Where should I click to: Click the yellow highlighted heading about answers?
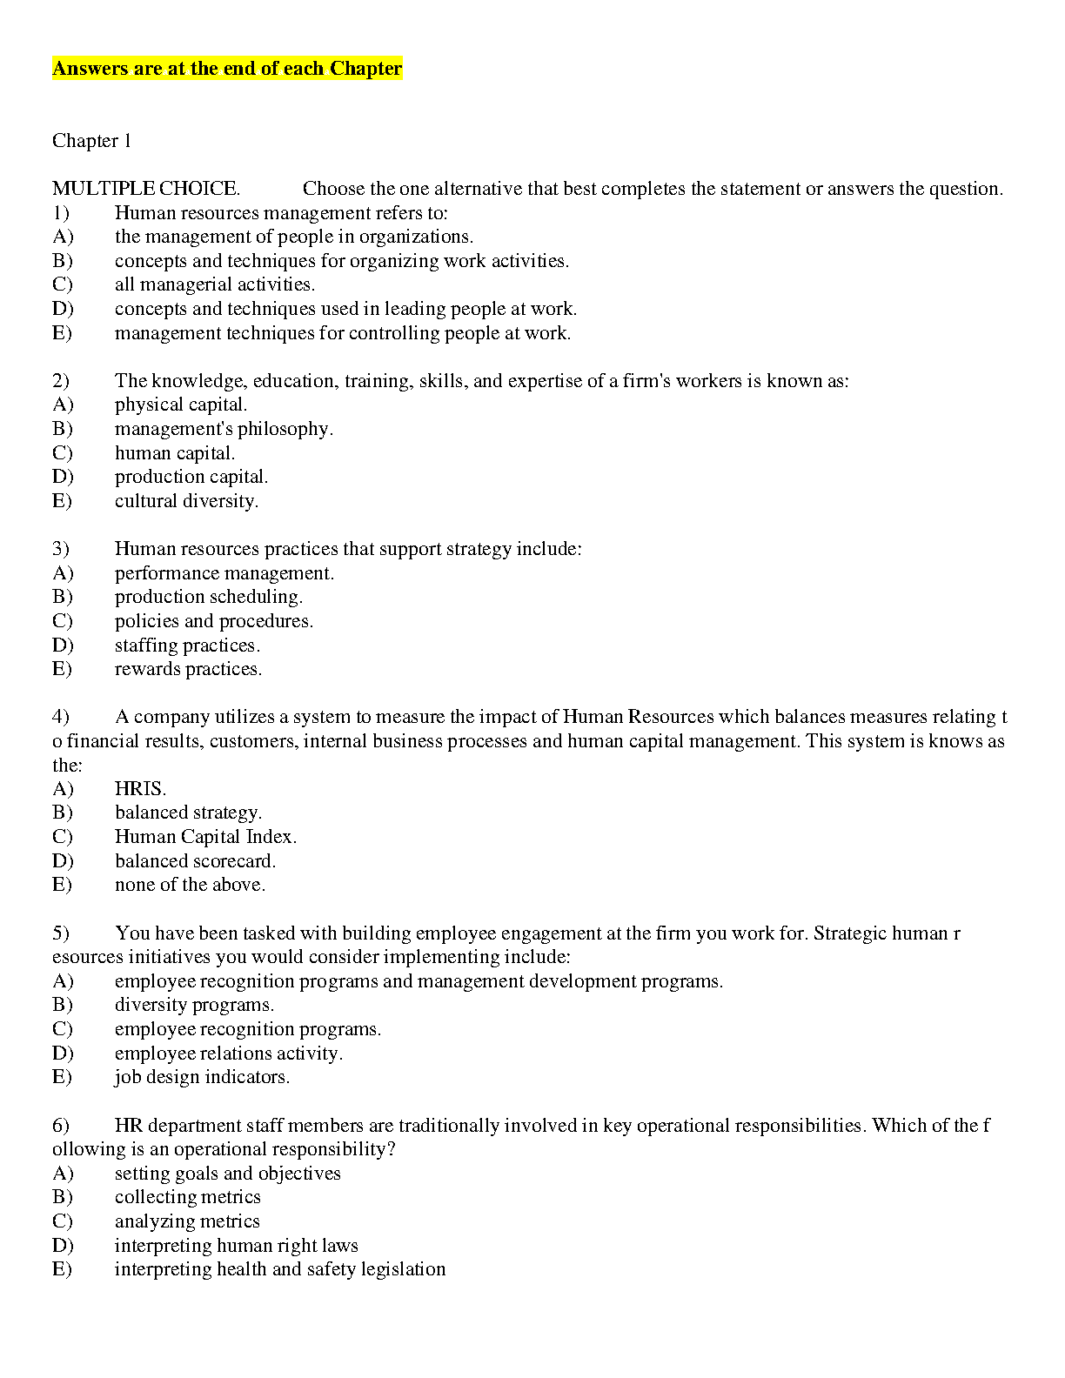(227, 69)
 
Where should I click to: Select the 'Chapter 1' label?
(91, 141)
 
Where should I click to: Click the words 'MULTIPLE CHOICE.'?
(146, 189)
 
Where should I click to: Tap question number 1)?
(61, 213)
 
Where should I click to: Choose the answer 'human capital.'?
(174, 453)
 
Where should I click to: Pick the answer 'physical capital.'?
(180, 405)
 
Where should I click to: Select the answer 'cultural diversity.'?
(186, 501)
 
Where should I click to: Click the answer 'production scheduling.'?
(208, 597)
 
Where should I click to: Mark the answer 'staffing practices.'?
(187, 646)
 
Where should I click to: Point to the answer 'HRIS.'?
(140, 789)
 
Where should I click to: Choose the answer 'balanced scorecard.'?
(195, 861)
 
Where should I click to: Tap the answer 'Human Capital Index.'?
(205, 837)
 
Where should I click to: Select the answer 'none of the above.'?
(190, 885)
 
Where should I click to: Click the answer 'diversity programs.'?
(194, 1005)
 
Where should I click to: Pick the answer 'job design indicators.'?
(202, 1077)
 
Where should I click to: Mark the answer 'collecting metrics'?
(187, 1197)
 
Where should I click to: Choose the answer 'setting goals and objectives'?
(227, 1174)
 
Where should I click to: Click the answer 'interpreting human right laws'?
(236, 1246)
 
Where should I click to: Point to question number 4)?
(61, 717)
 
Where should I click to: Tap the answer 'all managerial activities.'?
(215, 284)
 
